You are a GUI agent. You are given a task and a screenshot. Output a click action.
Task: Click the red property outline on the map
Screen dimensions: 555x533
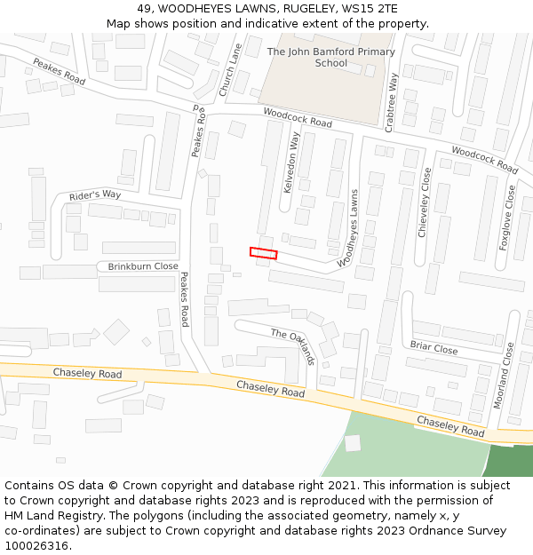[263, 253]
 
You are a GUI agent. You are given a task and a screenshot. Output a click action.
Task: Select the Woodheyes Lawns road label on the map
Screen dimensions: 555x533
[349, 227]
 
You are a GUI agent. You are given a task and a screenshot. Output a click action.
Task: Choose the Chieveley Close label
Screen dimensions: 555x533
[425, 202]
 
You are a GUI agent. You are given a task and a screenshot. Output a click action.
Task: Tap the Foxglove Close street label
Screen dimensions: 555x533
[507, 218]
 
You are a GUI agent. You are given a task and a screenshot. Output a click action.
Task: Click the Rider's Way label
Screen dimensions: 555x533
[95, 195]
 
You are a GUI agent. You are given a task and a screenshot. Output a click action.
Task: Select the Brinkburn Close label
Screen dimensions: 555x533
[143, 266]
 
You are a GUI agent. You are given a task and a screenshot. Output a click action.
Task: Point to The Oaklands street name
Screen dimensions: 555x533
[293, 346]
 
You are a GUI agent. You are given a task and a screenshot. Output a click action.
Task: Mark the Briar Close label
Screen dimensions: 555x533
[434, 348]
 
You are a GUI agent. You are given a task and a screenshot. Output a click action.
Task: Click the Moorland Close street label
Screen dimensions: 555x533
[504, 375]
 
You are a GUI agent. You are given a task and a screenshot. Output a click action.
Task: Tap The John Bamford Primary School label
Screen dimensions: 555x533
[330, 58]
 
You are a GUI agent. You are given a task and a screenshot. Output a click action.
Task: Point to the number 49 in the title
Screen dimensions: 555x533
[145, 8]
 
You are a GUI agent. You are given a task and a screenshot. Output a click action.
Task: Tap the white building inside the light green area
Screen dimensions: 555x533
[353, 442]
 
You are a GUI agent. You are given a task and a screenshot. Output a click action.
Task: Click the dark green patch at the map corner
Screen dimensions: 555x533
[512, 460]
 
